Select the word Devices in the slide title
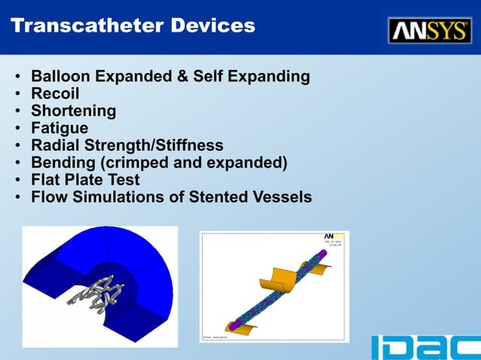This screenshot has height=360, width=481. click(213, 26)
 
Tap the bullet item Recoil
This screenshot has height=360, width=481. click(55, 94)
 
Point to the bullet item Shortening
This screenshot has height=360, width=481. click(73, 111)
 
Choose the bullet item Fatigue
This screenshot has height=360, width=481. click(60, 129)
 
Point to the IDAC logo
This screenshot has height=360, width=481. click(425, 347)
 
